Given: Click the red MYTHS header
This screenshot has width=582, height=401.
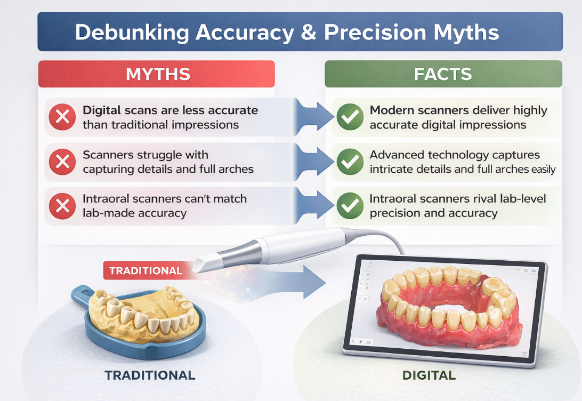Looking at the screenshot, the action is [x=156, y=74].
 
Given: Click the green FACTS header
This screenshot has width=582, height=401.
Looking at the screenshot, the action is [x=443, y=74].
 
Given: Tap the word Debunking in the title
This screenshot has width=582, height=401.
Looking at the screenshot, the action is [x=132, y=33].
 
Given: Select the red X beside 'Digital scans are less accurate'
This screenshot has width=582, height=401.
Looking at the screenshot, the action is [x=62, y=117].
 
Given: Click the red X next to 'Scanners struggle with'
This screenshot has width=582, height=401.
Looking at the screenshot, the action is [x=62, y=162].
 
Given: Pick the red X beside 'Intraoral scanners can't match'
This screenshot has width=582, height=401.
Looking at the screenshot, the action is [x=62, y=206].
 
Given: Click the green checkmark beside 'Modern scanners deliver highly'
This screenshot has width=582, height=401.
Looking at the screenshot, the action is [x=350, y=117].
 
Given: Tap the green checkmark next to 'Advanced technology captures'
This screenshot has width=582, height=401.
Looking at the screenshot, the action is [x=350, y=162].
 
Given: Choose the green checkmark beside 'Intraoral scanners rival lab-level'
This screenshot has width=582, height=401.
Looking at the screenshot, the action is [x=350, y=206].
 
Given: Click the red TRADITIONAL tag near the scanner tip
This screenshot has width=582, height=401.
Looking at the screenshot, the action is [x=146, y=270].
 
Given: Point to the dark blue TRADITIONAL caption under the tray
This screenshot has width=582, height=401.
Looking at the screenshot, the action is [x=150, y=375].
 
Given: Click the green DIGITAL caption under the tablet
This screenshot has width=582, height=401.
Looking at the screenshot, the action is [x=429, y=375].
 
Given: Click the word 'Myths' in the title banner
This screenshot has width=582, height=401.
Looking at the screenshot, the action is [x=466, y=33].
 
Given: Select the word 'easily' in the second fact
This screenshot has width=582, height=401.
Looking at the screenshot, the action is [x=544, y=170].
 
